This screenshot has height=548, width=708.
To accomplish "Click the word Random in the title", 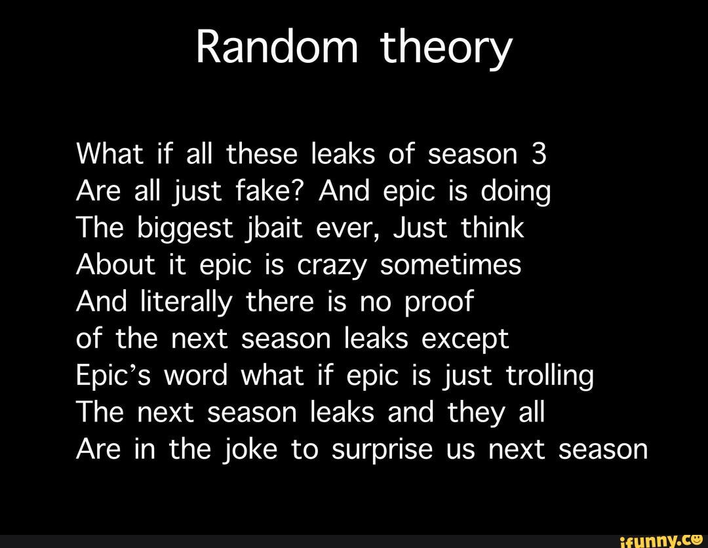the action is [x=277, y=48].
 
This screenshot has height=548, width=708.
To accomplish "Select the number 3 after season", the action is [x=539, y=155].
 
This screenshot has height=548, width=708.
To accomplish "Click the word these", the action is [x=262, y=154].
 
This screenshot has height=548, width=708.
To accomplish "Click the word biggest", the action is [x=185, y=229].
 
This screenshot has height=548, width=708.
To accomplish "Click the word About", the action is [x=115, y=265].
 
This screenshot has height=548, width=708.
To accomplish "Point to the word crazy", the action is [x=332, y=267].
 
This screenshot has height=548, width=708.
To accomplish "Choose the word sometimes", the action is [x=450, y=265].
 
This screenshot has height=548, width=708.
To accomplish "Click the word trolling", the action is [x=550, y=378].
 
